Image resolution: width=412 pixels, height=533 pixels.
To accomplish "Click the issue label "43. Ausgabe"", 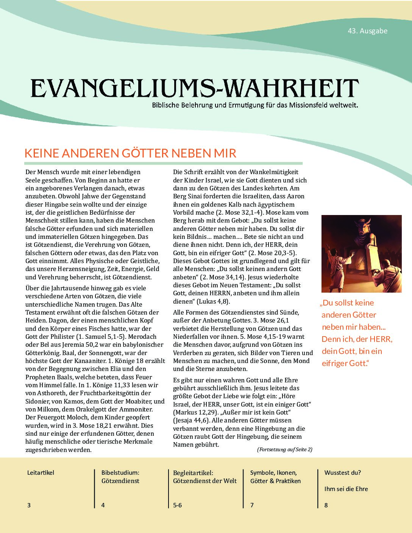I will tap(368, 31).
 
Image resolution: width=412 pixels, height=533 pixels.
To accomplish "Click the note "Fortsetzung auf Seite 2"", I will tap(284, 450).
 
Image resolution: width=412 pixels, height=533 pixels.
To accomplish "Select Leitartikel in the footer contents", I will tap(41, 472).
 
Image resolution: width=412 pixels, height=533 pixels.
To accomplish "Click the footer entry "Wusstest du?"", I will tap(342, 472).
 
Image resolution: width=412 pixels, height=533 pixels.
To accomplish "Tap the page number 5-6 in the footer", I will tap(178, 505).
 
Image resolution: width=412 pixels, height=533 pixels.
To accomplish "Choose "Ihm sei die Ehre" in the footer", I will tap(346, 489).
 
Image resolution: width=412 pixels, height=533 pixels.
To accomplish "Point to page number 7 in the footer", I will tap(252, 505).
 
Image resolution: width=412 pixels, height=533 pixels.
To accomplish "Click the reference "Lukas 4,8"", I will tap(212, 301).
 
